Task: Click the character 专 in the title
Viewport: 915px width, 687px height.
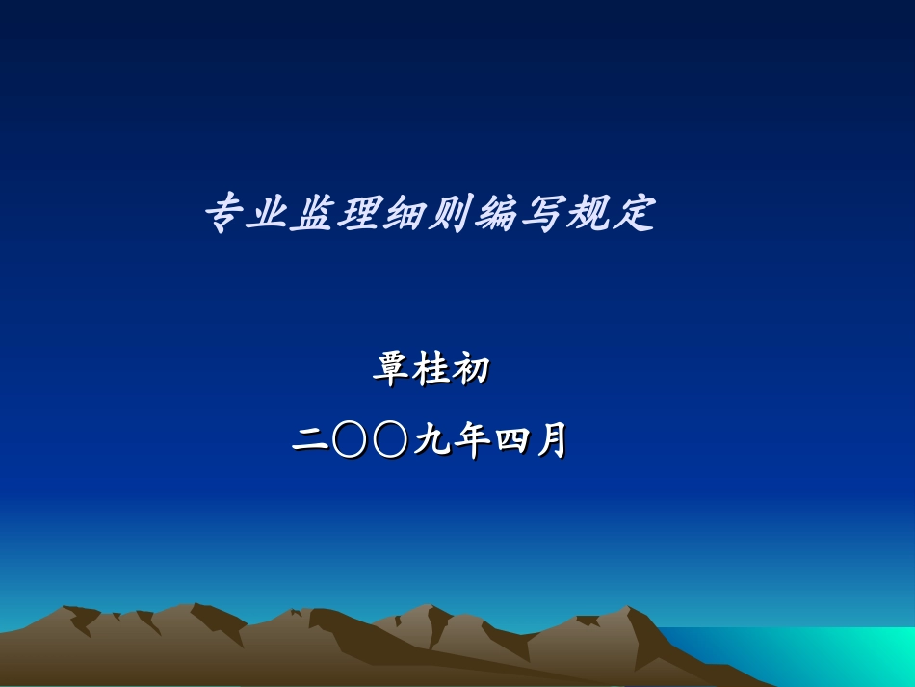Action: tap(223, 214)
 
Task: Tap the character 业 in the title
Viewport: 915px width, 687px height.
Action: tap(269, 214)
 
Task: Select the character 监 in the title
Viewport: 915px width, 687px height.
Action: tap(314, 214)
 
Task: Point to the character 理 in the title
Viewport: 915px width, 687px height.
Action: tap(359, 214)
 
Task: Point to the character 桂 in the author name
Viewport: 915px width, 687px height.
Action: tap(431, 370)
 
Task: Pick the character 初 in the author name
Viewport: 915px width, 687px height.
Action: tap(472, 370)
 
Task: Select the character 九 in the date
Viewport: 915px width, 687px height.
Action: tap(431, 441)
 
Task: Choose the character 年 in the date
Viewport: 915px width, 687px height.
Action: tap(470, 441)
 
